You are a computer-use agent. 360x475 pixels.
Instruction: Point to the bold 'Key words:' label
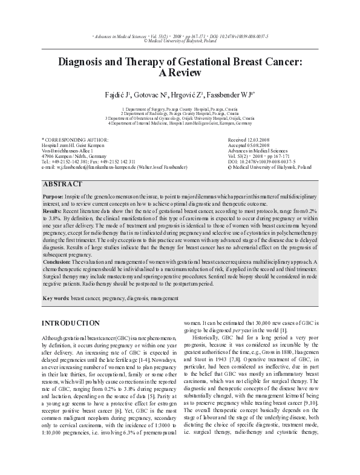pyautogui.click(x=56, y=299)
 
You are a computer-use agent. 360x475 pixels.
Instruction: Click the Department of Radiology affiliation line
pyautogui.click(x=180, y=113)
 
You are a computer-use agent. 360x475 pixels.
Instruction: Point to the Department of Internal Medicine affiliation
pyautogui.click(x=180, y=123)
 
